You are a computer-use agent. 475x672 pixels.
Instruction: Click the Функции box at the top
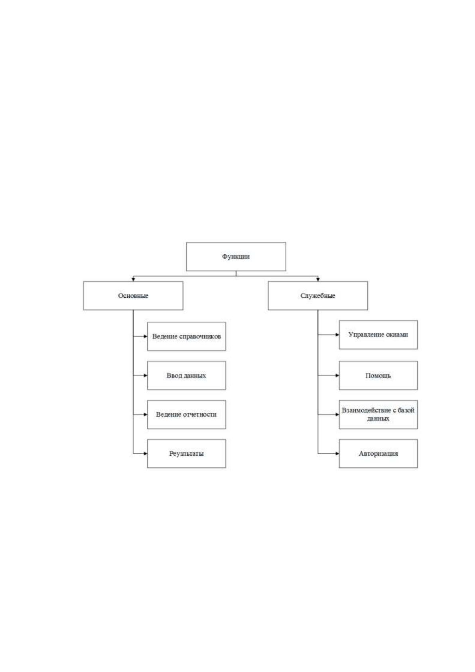[236, 257]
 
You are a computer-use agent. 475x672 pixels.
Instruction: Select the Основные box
[133, 296]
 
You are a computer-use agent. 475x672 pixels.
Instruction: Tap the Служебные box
[318, 296]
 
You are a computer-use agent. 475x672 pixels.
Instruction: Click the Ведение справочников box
[187, 336]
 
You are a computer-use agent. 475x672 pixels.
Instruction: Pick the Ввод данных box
[187, 375]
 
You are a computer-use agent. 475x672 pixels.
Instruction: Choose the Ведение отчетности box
[187, 414]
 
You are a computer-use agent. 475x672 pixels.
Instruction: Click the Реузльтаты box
[187, 453]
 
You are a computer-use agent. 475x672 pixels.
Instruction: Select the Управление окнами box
[378, 334]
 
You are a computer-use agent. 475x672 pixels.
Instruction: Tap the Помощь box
[378, 375]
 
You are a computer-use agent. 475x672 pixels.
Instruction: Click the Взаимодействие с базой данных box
[378, 414]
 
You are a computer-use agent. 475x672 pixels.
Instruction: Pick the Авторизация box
[378, 453]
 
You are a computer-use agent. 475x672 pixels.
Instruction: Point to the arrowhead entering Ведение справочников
[146, 336]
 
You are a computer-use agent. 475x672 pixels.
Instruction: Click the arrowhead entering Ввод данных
[146, 375]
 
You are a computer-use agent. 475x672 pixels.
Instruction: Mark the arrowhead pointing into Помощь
[337, 375]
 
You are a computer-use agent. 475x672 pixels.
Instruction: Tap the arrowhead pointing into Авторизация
[337, 453]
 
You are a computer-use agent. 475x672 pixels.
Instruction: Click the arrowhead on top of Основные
[133, 279]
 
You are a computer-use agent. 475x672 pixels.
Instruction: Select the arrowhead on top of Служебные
[318, 279]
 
